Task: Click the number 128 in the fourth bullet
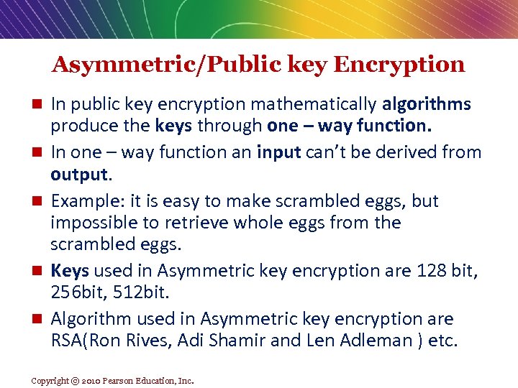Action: (421, 271)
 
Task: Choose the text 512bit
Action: (146, 293)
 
